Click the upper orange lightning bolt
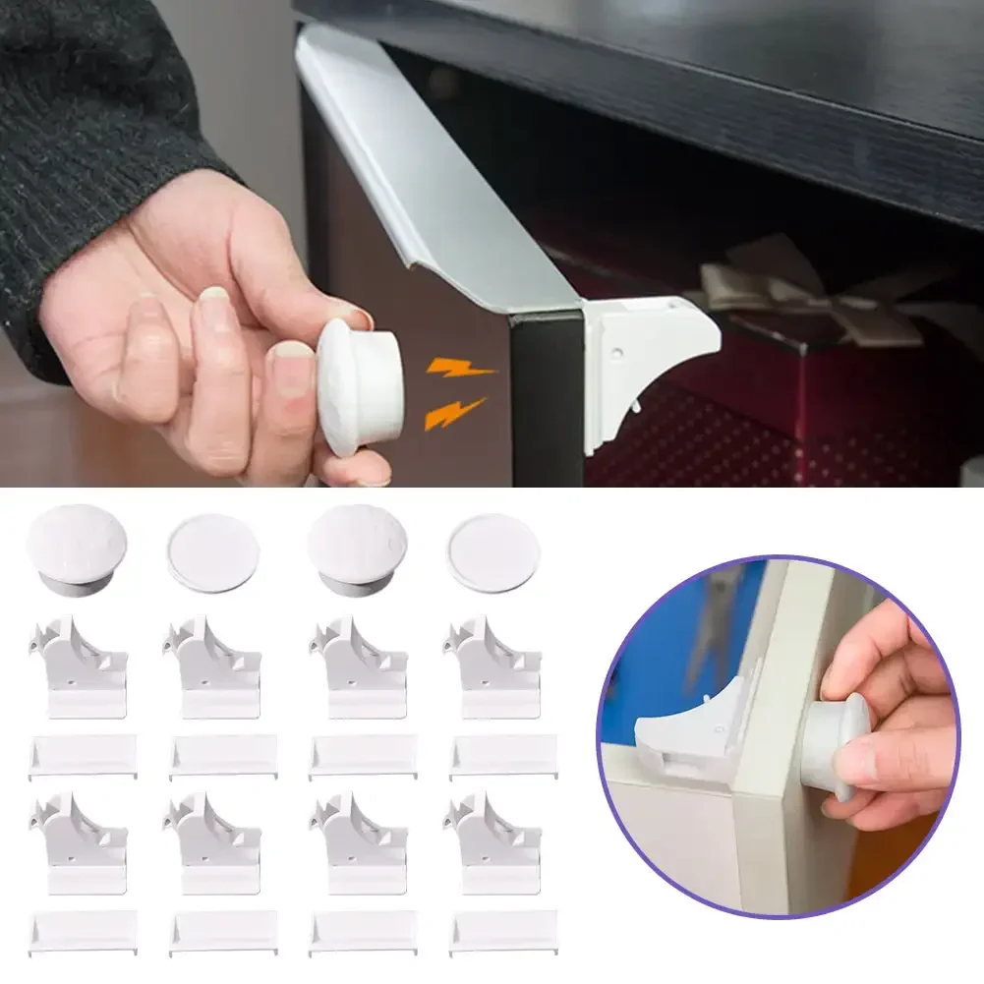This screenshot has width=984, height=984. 460,371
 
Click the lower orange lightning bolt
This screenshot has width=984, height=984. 454,412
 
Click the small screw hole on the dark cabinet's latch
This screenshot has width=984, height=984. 615,351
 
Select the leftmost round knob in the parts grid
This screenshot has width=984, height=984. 77,549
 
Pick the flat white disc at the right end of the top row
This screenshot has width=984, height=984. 492,552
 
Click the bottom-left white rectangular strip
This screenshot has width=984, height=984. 84,932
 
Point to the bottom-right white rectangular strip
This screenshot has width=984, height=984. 503,932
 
